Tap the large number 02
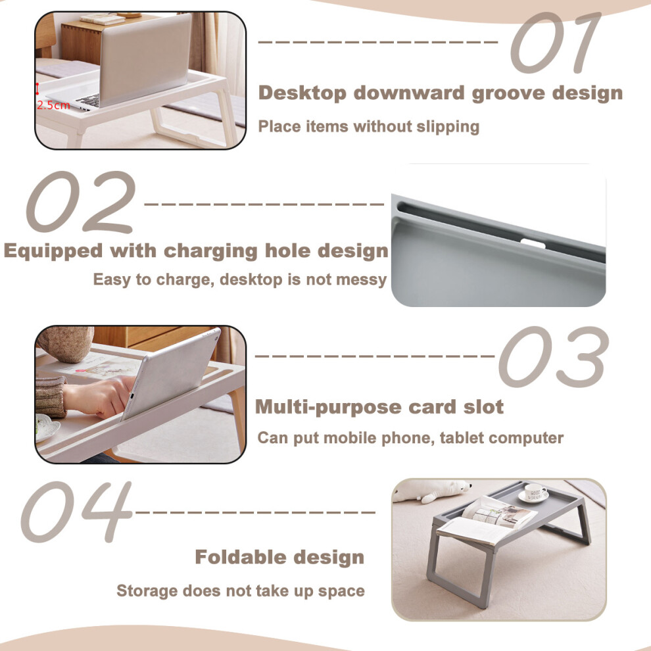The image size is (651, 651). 81,202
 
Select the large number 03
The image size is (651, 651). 554,357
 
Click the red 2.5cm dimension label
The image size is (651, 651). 53,105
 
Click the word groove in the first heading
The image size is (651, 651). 508,93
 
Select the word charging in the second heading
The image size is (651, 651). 210,252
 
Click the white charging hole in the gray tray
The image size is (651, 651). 533,243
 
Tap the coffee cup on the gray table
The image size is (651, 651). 534,493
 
